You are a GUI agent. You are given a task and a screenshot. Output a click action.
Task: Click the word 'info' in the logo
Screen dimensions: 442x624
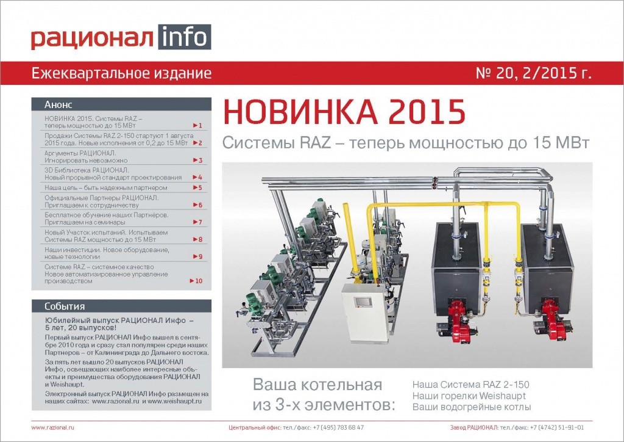pyautogui.click(x=184, y=38)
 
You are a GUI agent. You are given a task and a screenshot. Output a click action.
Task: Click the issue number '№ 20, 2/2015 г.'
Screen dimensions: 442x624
pyautogui.click(x=533, y=74)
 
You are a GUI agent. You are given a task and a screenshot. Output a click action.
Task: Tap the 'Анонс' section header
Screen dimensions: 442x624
pyautogui.click(x=58, y=104)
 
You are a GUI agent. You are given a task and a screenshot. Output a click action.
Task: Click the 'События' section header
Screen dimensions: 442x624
pyautogui.click(x=65, y=306)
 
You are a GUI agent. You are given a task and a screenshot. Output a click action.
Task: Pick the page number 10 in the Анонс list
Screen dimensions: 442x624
pyautogui.click(x=196, y=281)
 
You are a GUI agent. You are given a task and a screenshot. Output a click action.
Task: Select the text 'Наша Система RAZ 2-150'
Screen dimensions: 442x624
pyautogui.click(x=470, y=385)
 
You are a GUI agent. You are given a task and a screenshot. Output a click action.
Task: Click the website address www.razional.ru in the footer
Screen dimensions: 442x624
pyautogui.click(x=54, y=428)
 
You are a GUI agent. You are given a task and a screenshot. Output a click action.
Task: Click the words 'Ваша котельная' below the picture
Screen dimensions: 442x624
pyautogui.click(x=317, y=385)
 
